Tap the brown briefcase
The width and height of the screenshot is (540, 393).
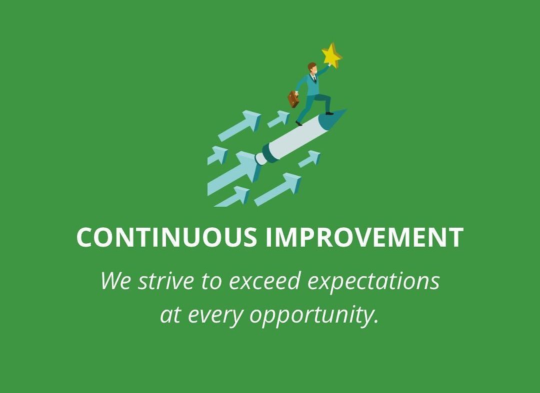pos(293,99)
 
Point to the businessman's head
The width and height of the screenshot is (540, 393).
pos(312,67)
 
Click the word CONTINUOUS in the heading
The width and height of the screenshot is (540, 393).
pos(166,237)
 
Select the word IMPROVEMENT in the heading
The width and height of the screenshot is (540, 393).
pos(364,237)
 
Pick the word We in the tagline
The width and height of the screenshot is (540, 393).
pos(116,281)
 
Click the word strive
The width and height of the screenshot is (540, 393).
pos(166,281)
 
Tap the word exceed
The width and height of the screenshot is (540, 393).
pos(264,281)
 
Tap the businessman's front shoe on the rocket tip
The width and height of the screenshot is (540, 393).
pos(329,113)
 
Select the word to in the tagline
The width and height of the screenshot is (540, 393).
pos(211,281)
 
